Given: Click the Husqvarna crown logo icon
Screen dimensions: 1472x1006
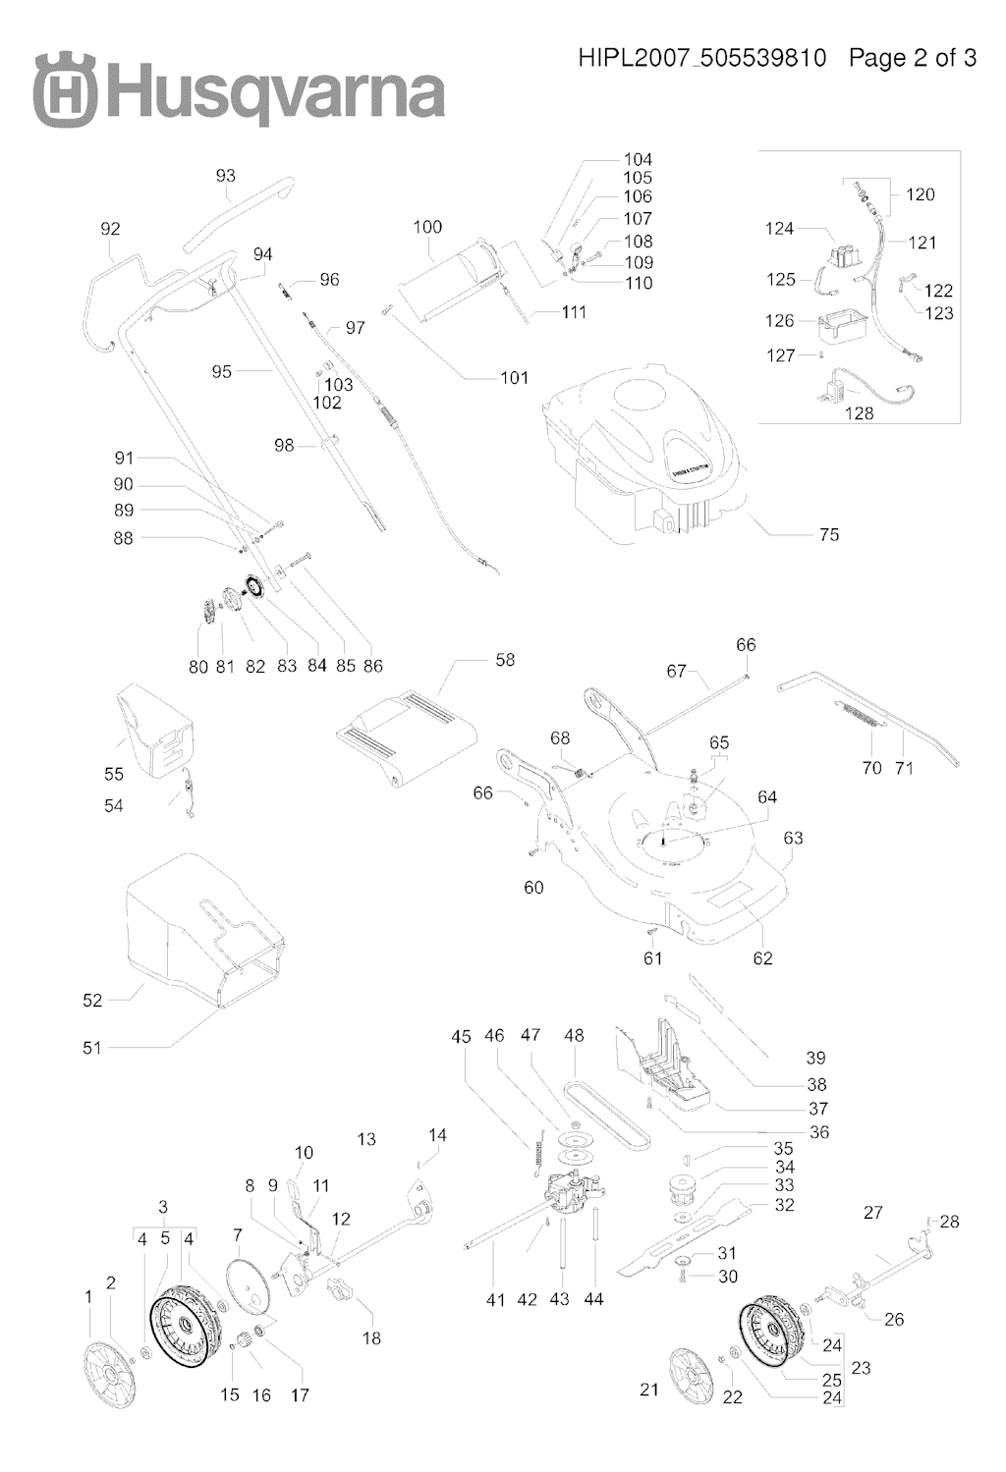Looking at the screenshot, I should pyautogui.click(x=65, y=89).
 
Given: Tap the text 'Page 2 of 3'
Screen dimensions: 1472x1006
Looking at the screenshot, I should pyautogui.click(x=912, y=58).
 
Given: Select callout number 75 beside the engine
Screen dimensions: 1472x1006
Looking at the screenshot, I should pyautogui.click(x=828, y=534).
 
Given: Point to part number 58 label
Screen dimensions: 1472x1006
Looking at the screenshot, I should pyautogui.click(x=505, y=660).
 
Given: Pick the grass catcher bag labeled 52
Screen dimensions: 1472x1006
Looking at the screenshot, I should pyautogui.click(x=201, y=928).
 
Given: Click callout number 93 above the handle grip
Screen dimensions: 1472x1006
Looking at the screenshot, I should pyautogui.click(x=225, y=176).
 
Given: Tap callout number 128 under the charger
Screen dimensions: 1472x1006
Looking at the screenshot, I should pyautogui.click(x=859, y=413).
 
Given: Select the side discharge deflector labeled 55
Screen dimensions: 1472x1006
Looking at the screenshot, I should pyautogui.click(x=154, y=732).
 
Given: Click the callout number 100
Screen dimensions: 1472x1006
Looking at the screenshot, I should pyautogui.click(x=427, y=227).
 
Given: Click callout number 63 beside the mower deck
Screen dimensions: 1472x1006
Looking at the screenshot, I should pyautogui.click(x=793, y=838).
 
